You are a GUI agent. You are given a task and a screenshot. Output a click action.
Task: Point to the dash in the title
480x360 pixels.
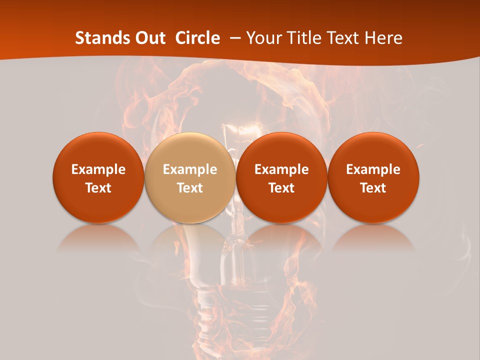coord(235,38)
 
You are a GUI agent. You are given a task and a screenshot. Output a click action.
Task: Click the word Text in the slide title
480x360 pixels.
coord(343,38)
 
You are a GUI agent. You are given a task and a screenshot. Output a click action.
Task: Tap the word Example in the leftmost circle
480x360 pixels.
coord(98,169)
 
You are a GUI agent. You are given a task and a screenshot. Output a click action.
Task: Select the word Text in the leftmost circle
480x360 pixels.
coord(98,188)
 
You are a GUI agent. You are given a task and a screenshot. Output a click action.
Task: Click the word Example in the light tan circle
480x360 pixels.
coord(190,169)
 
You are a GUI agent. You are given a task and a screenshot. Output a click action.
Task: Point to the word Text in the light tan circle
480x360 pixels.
coord(190,188)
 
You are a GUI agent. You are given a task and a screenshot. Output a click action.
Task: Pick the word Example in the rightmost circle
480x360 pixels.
coord(373,169)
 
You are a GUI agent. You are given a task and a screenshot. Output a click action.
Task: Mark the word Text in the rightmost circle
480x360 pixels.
coord(373,188)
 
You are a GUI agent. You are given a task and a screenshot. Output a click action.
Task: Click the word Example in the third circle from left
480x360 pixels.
coord(281,169)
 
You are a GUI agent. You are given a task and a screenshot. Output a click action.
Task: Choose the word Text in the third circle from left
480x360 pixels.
coord(281,188)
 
